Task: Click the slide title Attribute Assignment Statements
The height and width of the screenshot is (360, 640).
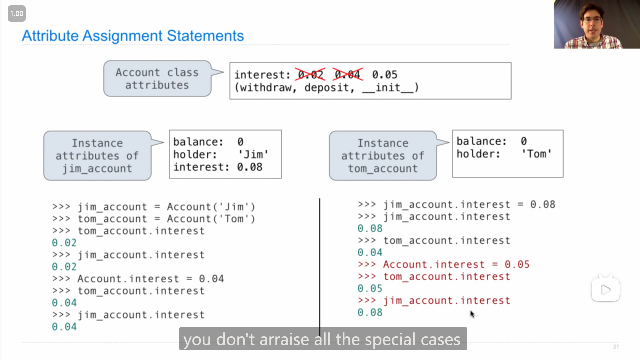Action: tap(133, 36)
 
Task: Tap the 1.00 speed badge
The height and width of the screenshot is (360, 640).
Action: tap(17, 14)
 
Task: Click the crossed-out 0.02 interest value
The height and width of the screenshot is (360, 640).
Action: tap(310, 74)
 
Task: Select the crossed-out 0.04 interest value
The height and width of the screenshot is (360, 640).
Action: tap(348, 74)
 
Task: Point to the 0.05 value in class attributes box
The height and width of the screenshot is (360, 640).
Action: tap(385, 74)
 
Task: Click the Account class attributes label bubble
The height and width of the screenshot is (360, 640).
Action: tap(157, 79)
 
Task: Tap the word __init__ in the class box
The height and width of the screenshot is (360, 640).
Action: tap(390, 88)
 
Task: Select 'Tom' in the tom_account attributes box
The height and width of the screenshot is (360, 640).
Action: tap(537, 154)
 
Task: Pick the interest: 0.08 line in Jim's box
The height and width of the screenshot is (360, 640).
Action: tap(218, 167)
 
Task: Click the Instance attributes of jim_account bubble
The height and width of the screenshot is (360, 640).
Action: tap(97, 156)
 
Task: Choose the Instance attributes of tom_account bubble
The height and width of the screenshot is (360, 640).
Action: tap(383, 156)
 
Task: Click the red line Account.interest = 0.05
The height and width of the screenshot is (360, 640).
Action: tap(444, 264)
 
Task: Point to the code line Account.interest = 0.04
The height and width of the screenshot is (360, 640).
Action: tap(138, 279)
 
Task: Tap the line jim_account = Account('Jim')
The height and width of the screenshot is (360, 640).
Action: tap(154, 207)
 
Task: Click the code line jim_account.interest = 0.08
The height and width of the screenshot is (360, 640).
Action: tap(457, 204)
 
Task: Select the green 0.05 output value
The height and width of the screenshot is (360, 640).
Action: tap(370, 288)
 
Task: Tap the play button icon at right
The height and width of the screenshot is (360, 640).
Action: tap(606, 290)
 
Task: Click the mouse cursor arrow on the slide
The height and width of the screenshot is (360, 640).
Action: tap(472, 314)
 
